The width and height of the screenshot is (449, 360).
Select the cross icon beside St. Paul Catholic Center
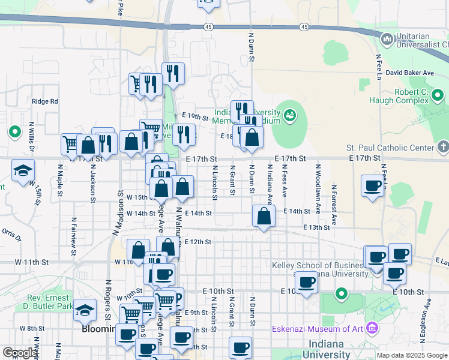[x=443, y=146]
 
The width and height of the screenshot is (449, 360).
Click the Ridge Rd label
[x=45, y=101]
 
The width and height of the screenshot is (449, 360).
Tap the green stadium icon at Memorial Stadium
[x=291, y=114]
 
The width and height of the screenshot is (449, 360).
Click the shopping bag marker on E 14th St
[x=264, y=217]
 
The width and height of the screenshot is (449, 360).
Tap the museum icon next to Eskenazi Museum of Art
[x=372, y=328]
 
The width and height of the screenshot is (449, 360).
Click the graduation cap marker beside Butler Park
[x=85, y=310]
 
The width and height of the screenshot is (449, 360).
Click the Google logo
[x=20, y=353]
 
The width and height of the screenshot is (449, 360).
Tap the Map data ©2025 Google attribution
[x=411, y=355]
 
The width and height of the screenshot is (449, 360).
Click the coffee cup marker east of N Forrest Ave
[x=372, y=185]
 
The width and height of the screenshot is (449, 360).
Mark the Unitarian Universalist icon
[x=387, y=40]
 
